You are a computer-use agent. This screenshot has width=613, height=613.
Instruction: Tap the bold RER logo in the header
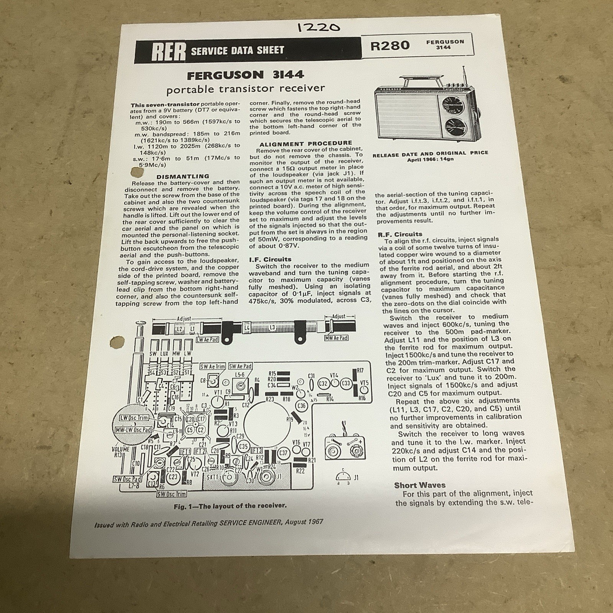pyautogui.click(x=169, y=51)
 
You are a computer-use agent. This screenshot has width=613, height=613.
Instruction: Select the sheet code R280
pyautogui.click(x=390, y=46)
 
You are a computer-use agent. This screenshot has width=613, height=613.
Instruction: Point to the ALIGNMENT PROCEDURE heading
pyautogui.click(x=305, y=143)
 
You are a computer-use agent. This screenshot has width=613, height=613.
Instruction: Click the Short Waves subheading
pyautogui.click(x=420, y=485)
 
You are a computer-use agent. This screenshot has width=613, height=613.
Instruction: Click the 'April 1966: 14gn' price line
pyautogui.click(x=430, y=159)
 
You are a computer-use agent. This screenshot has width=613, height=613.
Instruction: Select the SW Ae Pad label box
pyautogui.click(x=240, y=366)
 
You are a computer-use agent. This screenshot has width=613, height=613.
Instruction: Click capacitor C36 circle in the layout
pyautogui.click(x=302, y=406)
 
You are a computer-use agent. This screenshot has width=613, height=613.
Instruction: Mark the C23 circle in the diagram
pyautogui.click(x=173, y=477)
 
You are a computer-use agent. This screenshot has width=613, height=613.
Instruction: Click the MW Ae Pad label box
pyautogui.click(x=336, y=338)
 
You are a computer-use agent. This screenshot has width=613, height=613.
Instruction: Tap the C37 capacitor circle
pyautogui.click(x=283, y=453)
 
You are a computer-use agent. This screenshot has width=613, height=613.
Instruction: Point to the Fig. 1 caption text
pyautogui.click(x=230, y=506)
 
